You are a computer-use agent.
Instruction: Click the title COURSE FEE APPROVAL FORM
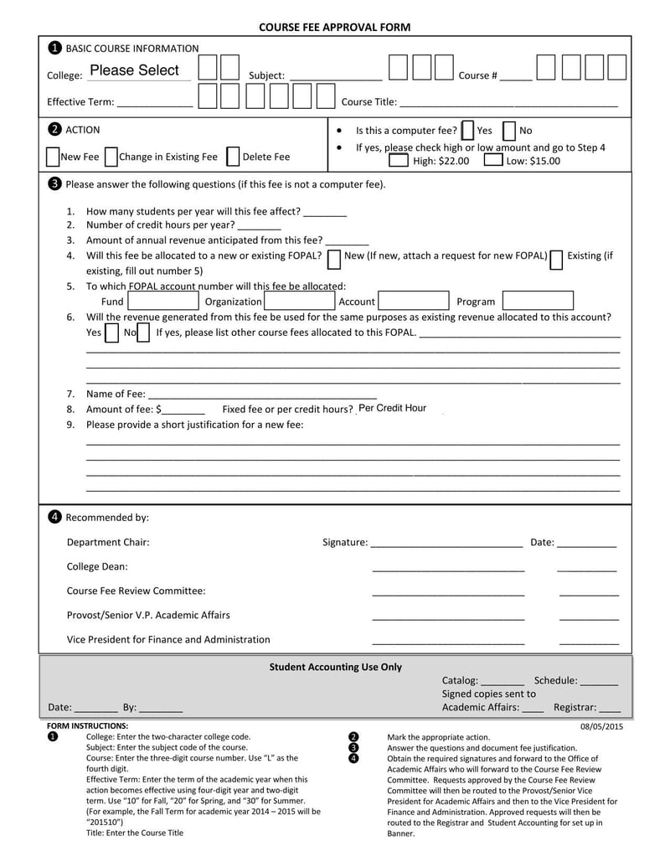click(x=334, y=27)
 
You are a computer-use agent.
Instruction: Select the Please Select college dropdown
click(x=135, y=71)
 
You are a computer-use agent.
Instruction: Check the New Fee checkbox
click(x=53, y=157)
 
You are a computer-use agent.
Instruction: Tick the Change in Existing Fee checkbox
click(x=111, y=157)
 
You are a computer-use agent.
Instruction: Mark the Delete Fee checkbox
click(x=233, y=157)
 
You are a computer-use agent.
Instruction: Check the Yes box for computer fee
click(x=467, y=131)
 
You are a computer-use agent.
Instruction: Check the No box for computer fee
click(x=509, y=131)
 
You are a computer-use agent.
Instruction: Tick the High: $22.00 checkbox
click(x=399, y=161)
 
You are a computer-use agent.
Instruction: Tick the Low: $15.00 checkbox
click(x=494, y=161)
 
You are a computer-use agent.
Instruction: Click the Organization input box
click(x=299, y=302)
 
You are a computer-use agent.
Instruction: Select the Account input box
click(x=414, y=302)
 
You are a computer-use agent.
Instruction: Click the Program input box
click(x=538, y=302)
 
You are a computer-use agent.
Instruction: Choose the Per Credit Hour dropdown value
click(x=393, y=409)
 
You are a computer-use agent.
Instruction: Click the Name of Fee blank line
click(x=261, y=395)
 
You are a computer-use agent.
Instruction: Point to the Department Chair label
click(x=108, y=542)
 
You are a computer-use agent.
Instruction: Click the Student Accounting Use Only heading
click(x=335, y=668)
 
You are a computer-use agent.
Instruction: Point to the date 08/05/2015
click(x=601, y=726)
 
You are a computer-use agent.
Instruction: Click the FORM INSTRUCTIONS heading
click(x=87, y=726)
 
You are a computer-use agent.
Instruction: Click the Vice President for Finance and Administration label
click(x=168, y=639)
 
